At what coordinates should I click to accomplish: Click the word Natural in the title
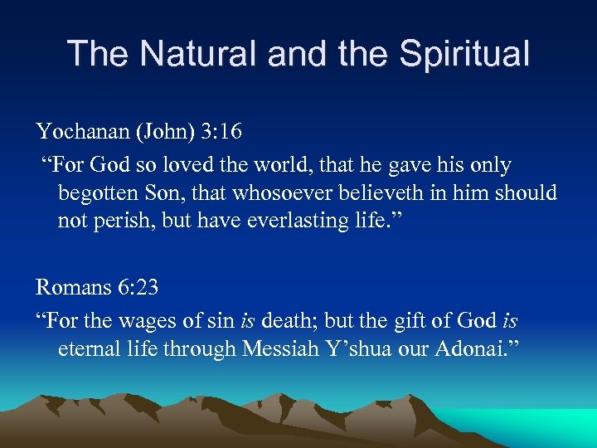198,54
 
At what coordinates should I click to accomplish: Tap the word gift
417,319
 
